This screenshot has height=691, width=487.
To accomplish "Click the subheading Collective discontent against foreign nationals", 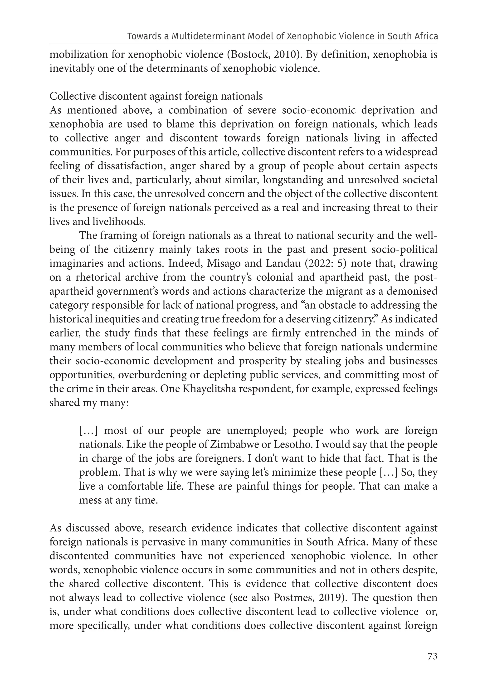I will [x=156, y=96].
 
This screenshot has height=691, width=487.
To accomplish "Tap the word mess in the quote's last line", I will [x=88, y=500].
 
